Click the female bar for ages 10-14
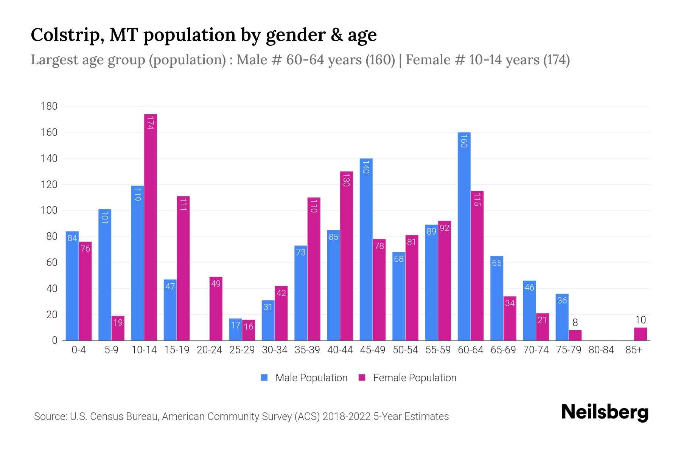click(x=151, y=227)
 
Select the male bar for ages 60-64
click(x=464, y=236)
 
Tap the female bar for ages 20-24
click(x=216, y=309)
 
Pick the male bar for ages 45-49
click(x=366, y=250)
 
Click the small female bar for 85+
click(x=641, y=334)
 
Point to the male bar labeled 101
click(x=105, y=275)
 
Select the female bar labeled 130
click(x=347, y=256)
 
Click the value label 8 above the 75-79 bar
click(x=575, y=323)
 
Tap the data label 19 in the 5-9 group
click(x=118, y=323)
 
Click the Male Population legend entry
click(x=304, y=378)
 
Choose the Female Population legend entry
click(x=408, y=378)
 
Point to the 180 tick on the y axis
click(x=49, y=106)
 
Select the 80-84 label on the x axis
click(x=601, y=350)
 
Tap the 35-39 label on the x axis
click(x=307, y=350)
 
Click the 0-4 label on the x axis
click(x=79, y=350)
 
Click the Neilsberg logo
click(x=605, y=412)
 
